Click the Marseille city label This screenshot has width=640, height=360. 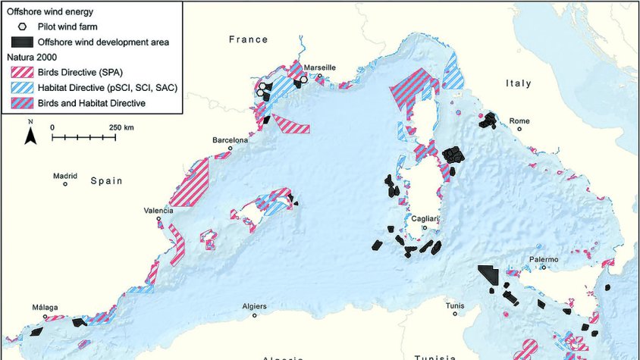319,67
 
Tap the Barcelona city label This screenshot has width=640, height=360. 230,140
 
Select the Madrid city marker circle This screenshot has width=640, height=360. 65,183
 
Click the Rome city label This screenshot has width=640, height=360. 519,121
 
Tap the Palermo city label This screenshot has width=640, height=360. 544,260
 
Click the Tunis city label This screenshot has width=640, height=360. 455,305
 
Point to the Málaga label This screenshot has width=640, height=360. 45,308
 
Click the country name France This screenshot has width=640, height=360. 249,39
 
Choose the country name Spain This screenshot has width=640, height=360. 107,181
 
